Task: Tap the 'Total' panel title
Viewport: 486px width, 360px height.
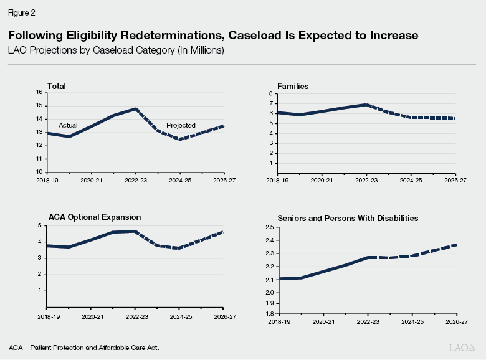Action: tap(57, 86)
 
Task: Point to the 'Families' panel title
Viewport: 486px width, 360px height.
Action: tap(293, 86)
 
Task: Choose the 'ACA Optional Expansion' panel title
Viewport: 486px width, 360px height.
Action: tap(95, 217)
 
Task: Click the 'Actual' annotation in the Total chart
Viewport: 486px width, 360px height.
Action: tap(68, 125)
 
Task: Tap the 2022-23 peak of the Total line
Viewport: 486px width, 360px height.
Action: tap(136, 109)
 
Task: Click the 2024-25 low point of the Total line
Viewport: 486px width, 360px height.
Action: tap(180, 139)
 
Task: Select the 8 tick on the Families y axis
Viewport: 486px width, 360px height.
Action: tap(270, 93)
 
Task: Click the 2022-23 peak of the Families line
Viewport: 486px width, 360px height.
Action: tap(366, 105)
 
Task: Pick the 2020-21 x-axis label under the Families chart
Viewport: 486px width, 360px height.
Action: tap(322, 179)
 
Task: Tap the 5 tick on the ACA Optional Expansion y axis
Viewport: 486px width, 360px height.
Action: tap(40, 225)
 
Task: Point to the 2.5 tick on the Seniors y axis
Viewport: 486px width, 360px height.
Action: tap(268, 227)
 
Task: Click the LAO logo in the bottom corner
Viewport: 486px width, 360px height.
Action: tap(462, 346)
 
